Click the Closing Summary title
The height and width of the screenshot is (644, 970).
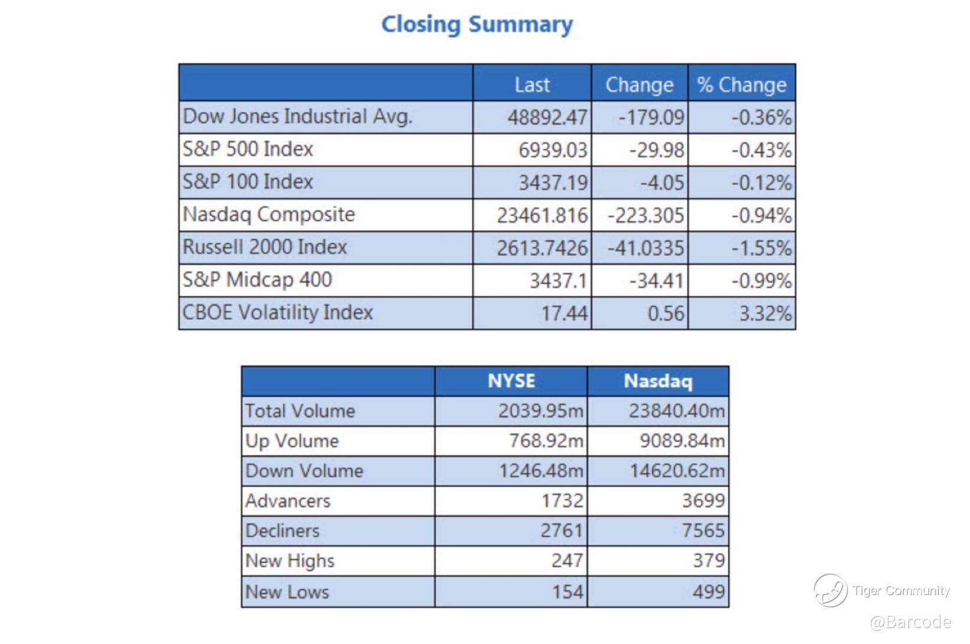(476, 25)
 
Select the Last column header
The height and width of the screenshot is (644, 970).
(532, 85)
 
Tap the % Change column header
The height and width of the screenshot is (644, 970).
(742, 85)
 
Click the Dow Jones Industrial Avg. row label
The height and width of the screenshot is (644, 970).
(297, 116)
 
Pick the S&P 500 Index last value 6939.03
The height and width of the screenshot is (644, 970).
(553, 150)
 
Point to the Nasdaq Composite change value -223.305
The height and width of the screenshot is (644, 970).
(645, 215)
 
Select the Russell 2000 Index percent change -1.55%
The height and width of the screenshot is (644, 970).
(761, 248)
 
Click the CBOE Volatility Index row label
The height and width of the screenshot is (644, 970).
(278, 312)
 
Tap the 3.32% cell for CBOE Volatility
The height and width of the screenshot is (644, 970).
(765, 313)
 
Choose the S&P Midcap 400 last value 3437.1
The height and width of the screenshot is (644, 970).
(558, 280)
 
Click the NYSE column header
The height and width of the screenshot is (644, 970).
(511, 381)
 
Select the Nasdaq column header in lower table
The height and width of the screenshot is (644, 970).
(658, 381)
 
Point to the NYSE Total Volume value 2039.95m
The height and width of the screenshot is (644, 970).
(540, 411)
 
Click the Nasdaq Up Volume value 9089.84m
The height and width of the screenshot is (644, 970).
(682, 441)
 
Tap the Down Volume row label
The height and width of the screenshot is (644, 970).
(304, 471)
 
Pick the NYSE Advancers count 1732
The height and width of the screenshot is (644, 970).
(562, 501)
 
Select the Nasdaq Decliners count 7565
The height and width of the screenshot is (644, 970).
(703, 530)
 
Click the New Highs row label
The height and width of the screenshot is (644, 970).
(290, 561)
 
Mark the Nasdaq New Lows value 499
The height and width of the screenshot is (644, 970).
(708, 591)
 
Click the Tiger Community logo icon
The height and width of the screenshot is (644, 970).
(830, 590)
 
